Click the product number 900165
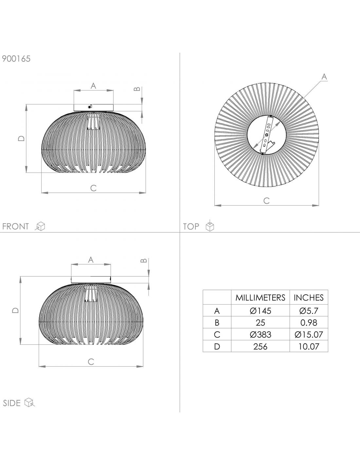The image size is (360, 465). (x=16, y=59)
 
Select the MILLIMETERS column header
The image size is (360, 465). (x=260, y=298)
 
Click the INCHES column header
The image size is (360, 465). (x=309, y=298)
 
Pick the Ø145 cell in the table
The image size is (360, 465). (x=261, y=311)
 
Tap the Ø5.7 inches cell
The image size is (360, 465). (x=309, y=311)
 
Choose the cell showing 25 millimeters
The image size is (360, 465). (x=261, y=323)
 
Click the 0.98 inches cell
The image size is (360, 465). (x=309, y=323)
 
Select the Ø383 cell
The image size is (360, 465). (x=261, y=335)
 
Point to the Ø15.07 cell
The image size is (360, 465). (x=309, y=335)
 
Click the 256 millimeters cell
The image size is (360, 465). (x=261, y=346)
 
